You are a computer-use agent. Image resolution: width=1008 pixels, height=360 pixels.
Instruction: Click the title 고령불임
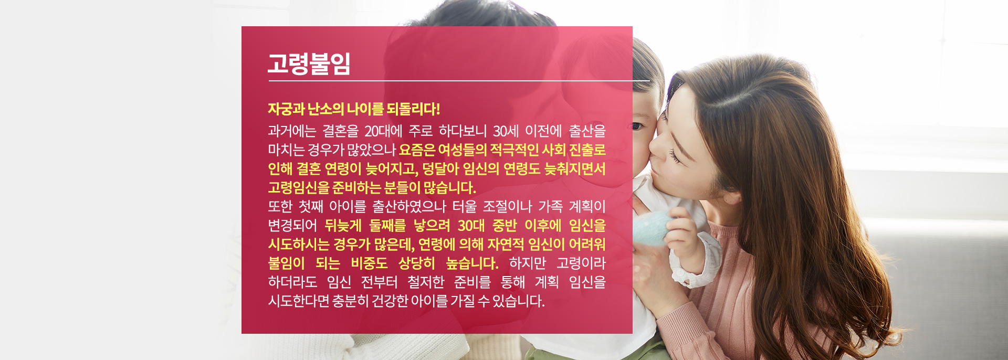tap(309, 63)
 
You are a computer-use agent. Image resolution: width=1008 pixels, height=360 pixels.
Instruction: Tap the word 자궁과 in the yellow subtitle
tap(286, 109)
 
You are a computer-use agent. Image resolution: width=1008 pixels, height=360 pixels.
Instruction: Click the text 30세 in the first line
tap(506, 131)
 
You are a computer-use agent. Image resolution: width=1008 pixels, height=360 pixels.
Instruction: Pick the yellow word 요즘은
tap(417, 150)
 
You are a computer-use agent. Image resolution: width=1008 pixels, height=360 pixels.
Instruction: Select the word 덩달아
tap(440, 169)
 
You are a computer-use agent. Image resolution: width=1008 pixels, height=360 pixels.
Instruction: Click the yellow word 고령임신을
tap(298, 188)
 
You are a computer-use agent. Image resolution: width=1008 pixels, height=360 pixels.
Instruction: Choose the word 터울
tap(464, 207)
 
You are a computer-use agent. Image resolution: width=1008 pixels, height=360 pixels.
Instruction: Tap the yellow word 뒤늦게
tap(343, 226)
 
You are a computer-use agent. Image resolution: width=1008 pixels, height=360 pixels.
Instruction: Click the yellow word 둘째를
tap(387, 226)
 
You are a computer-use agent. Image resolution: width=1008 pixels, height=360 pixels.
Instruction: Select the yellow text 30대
tap(471, 226)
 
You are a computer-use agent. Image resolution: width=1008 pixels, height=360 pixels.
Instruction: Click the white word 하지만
tap(528, 263)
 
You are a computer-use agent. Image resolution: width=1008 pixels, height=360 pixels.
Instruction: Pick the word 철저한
tap(426, 282)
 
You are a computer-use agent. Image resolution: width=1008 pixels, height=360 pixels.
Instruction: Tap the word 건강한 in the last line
tap(390, 301)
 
